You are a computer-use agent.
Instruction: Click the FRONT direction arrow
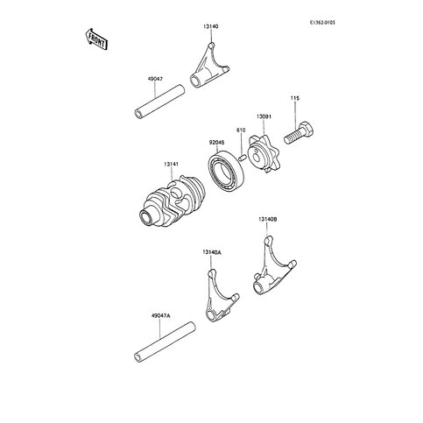[97, 39]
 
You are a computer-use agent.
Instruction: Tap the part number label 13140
[211, 26]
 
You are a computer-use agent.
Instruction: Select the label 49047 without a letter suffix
[155, 79]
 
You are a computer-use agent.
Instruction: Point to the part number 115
[295, 98]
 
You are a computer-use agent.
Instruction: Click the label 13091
[264, 116]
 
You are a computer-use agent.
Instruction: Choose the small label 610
[241, 130]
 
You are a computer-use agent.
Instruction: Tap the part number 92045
[216, 143]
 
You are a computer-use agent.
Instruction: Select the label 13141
[171, 165]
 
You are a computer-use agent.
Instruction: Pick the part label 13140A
[211, 252]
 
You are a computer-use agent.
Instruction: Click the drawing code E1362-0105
[322, 22]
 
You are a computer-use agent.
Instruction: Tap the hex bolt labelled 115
[300, 133]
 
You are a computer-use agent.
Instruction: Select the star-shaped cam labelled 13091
[263, 154]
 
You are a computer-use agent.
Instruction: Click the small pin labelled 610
[242, 158]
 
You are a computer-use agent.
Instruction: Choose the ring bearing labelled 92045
[226, 170]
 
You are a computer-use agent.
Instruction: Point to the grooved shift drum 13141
[172, 201]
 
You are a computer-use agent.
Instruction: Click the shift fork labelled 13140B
[274, 268]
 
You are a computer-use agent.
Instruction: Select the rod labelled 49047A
[165, 342]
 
